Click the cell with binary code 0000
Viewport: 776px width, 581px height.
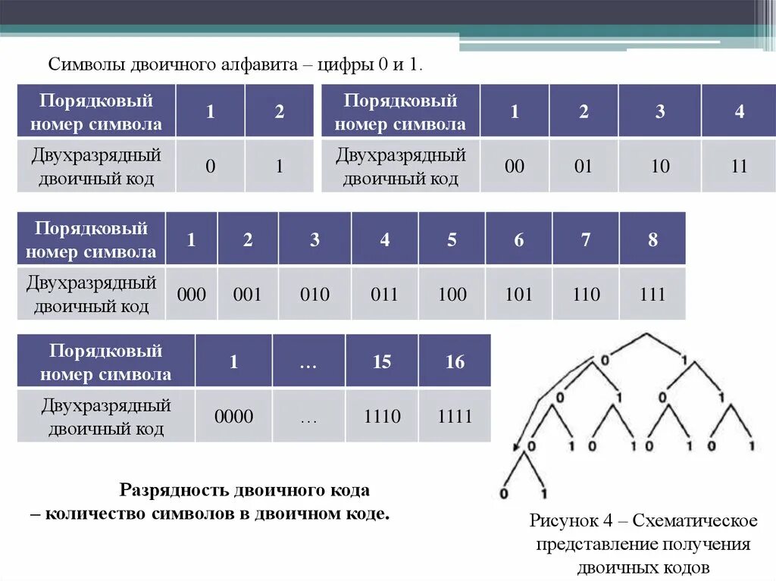click(233, 416)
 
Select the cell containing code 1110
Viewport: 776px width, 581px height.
click(381, 416)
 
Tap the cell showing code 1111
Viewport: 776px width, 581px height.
click(455, 416)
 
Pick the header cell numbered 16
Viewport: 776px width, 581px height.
click(455, 361)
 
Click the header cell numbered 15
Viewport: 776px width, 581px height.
click(381, 361)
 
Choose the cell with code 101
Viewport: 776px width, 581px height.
click(518, 293)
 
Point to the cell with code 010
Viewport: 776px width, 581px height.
click(314, 293)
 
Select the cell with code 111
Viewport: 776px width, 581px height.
click(652, 293)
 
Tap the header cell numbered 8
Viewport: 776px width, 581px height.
click(652, 239)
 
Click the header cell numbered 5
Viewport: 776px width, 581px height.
click(452, 239)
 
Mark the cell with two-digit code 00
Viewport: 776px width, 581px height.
click(515, 166)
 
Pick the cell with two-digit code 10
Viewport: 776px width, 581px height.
click(660, 166)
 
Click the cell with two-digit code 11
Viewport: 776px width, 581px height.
click(739, 166)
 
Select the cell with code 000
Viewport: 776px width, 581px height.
click(191, 293)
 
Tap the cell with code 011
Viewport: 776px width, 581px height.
click(384, 293)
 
